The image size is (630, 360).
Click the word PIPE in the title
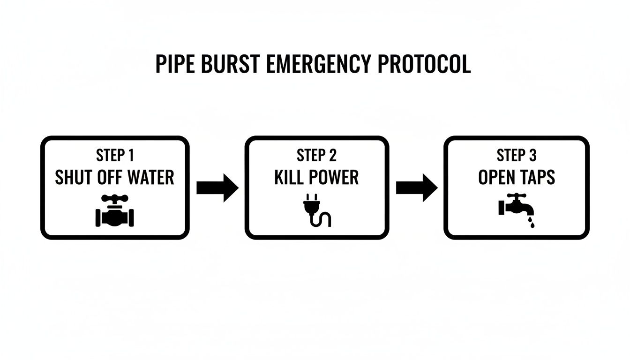[x=172, y=64]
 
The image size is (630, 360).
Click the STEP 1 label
[x=115, y=155]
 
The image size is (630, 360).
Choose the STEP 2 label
[x=316, y=155]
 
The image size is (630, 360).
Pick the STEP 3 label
[x=517, y=155]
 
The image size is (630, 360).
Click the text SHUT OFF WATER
[x=115, y=178]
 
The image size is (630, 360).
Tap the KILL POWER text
[x=316, y=178]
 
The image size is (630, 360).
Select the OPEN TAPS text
[x=517, y=178]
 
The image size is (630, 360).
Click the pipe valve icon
[x=115, y=211]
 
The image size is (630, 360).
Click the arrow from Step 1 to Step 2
[x=217, y=188]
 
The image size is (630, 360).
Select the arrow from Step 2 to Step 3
[x=417, y=188]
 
